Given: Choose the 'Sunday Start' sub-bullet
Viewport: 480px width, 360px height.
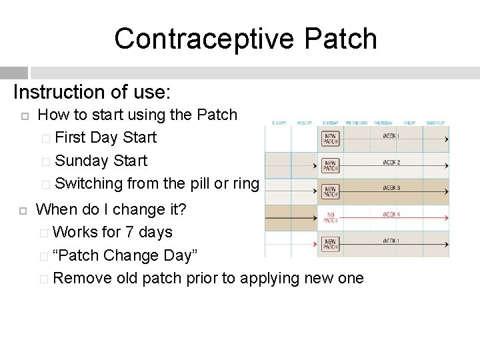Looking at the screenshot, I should (x=101, y=161).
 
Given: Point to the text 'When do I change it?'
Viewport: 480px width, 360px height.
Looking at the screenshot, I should (x=111, y=209).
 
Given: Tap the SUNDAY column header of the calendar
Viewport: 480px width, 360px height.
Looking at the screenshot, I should (x=278, y=123).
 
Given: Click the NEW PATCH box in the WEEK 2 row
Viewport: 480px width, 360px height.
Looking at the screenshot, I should (x=330, y=164).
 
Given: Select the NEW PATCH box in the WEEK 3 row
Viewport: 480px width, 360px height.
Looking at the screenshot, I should (x=330, y=191).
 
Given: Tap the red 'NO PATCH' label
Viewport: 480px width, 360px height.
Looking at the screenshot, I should (x=330, y=217).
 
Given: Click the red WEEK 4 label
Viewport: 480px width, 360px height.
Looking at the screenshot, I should (x=391, y=214).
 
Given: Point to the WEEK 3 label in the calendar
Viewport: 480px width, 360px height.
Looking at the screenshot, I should (x=391, y=188).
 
